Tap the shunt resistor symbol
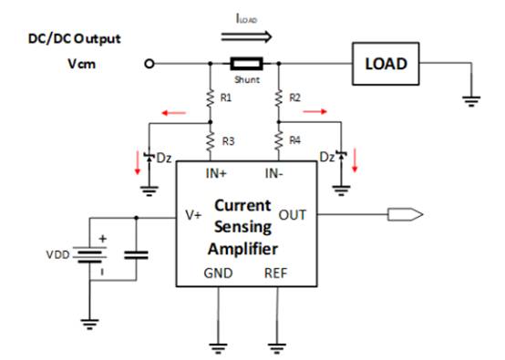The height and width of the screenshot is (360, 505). click(247, 64)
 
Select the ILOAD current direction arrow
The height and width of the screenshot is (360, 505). click(246, 36)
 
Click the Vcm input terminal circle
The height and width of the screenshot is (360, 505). click(149, 64)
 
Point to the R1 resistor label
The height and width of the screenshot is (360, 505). click(226, 98)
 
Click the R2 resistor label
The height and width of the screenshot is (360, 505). click(294, 98)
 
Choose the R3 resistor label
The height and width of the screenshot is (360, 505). click(229, 141)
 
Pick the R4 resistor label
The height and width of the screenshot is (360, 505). click(294, 140)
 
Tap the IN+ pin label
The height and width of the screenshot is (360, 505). click(216, 173)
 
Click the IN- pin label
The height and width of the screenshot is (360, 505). click(274, 173)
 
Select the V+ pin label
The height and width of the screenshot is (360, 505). click(193, 215)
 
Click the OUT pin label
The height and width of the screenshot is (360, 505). click(292, 215)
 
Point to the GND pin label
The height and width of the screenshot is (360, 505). click(218, 273)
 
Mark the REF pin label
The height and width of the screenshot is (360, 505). click(275, 273)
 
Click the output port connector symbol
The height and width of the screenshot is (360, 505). click(405, 214)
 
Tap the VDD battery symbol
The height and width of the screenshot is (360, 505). click(90, 254)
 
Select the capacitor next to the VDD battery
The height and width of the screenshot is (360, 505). click(136, 255)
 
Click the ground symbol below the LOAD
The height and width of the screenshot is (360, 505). click(471, 101)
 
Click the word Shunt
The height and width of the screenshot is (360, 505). click(247, 79)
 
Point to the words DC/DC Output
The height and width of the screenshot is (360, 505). click(75, 39)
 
